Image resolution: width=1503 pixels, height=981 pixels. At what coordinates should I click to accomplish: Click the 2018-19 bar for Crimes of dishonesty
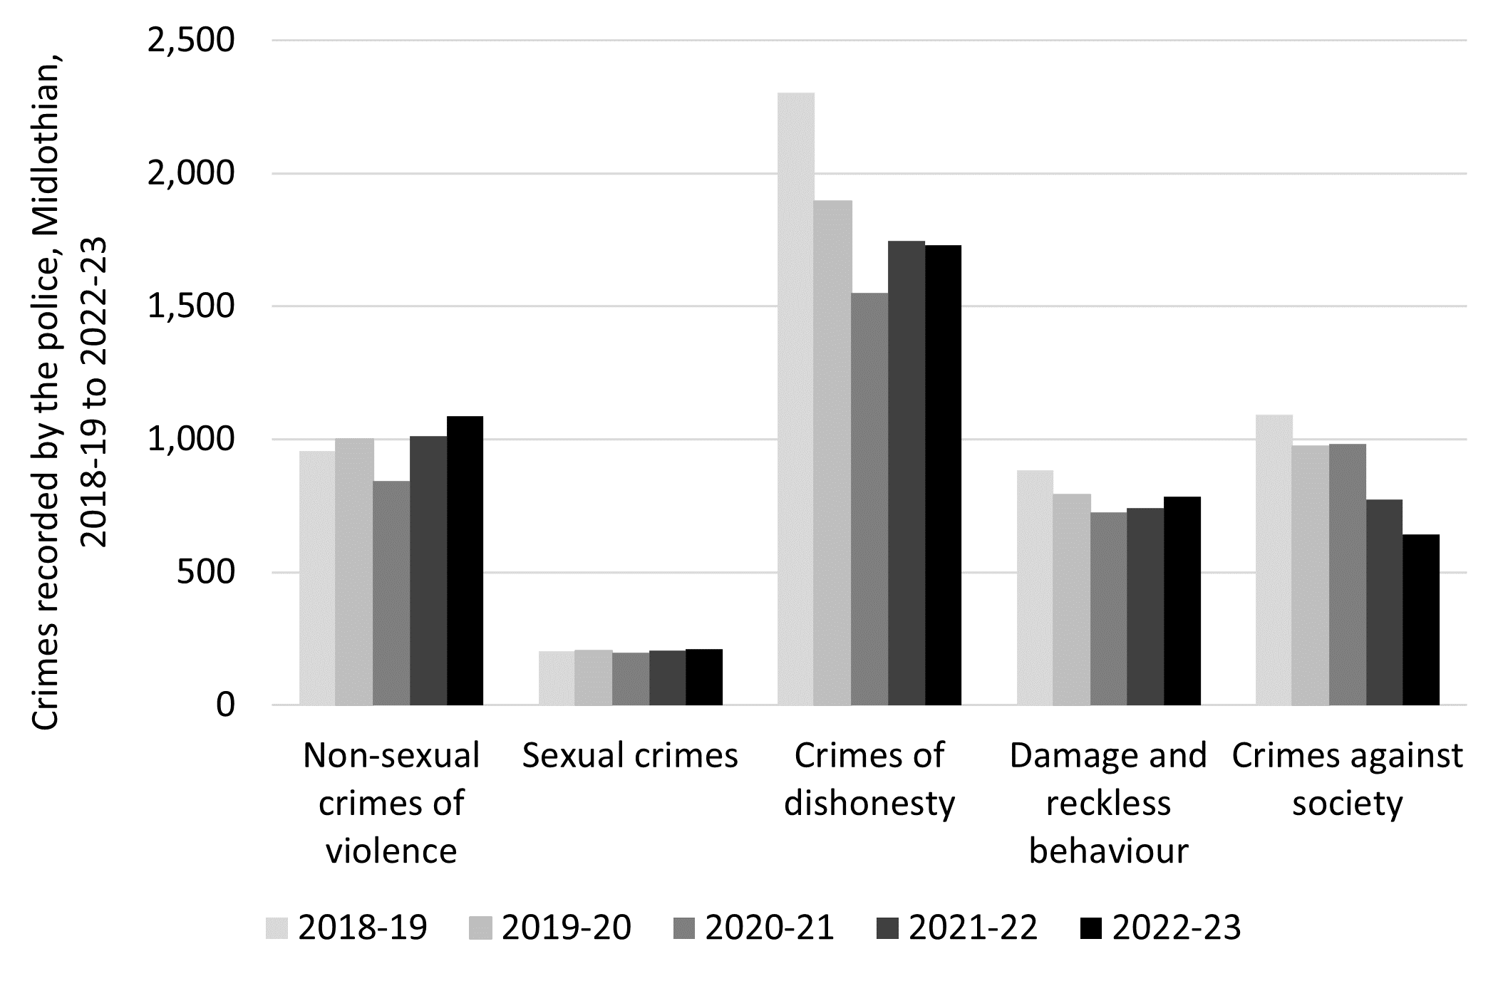coord(795,399)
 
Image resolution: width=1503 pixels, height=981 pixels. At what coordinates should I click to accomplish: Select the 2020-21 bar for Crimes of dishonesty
coord(869,499)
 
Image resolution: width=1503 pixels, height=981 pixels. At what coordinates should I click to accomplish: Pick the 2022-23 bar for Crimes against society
coord(1420,620)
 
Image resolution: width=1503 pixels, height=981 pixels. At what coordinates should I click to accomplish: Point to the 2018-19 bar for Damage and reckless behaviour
coord(1034,588)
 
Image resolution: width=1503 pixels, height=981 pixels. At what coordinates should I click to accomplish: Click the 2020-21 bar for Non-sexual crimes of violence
coord(391,593)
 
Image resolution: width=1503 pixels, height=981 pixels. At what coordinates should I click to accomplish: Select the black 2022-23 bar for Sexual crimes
coord(704,677)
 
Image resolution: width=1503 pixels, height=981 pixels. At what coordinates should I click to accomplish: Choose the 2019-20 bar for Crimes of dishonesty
coord(832,452)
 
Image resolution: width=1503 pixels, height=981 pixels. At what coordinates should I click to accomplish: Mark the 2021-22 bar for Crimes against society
coord(1384,602)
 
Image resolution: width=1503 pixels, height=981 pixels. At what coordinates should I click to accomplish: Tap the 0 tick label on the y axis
coord(224,706)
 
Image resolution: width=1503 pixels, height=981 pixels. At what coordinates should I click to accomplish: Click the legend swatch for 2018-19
coord(277,928)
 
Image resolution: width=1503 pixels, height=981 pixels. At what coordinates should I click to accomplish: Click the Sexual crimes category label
coord(630,756)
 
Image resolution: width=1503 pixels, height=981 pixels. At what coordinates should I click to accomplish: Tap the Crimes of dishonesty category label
coord(869,779)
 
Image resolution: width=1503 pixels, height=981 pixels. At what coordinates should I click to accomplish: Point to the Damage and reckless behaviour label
coord(1108,803)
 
